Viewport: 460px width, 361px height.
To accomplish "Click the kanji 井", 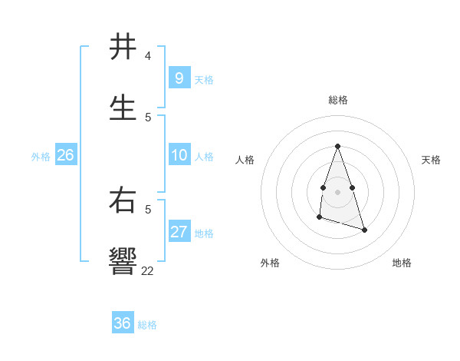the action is (123, 47).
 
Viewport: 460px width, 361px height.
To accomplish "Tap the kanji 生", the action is (123, 108).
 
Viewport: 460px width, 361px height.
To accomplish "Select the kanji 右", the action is (123, 200).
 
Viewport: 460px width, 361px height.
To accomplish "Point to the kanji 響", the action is (123, 260).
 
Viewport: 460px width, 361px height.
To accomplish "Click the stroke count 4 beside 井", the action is (148, 56).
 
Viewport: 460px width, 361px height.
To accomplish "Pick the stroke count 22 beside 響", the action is (148, 270).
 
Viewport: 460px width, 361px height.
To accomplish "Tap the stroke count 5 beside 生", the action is (148, 117).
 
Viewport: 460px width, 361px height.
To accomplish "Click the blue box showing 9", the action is (179, 78).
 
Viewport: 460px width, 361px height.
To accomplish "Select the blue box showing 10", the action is (179, 155).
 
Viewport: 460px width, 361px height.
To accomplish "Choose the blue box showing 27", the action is (179, 232).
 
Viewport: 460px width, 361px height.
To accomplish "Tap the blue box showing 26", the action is (65, 155).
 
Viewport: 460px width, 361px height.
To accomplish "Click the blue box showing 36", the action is (123, 323).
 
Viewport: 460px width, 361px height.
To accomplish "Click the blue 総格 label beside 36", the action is (147, 325).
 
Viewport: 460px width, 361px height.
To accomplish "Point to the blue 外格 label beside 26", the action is (41, 156).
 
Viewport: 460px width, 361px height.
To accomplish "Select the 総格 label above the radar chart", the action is (338, 100).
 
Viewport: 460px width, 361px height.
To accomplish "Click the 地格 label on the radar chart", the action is (402, 263).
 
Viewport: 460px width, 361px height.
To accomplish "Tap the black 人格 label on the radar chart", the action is (245, 160).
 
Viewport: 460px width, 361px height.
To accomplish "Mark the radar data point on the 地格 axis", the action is (364, 230).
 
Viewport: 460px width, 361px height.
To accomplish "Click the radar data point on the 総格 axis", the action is (337, 146).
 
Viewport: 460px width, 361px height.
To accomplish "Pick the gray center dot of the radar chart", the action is (337, 191).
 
